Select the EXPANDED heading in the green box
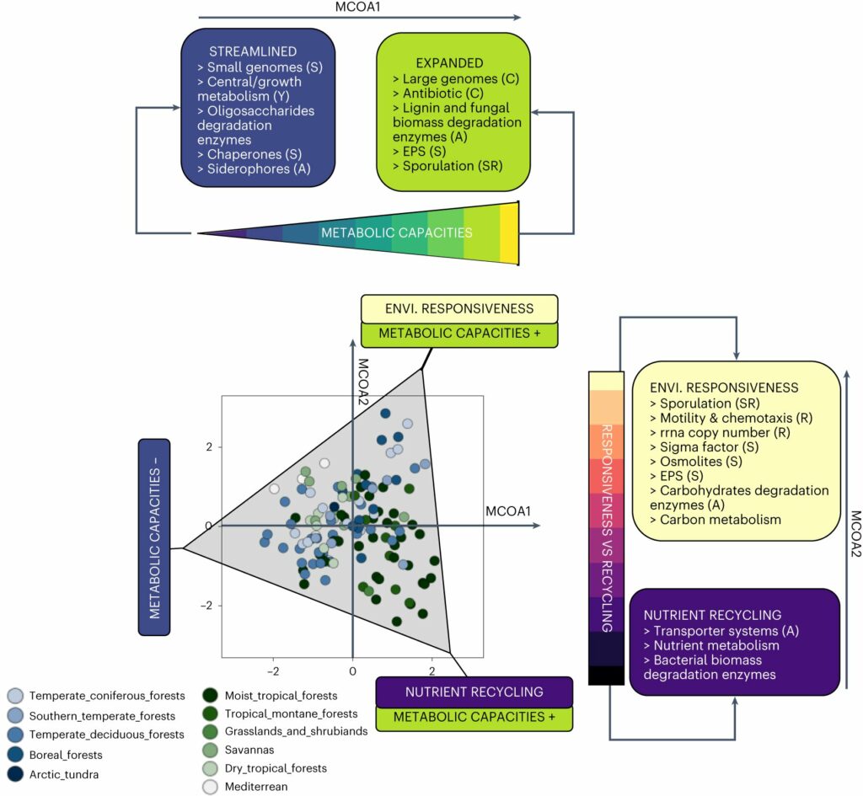[x=449, y=63]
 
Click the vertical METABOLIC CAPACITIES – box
[x=154, y=549]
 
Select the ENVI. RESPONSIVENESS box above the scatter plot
[x=459, y=308]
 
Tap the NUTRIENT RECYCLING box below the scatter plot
[x=473, y=692]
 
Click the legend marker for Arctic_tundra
[x=16, y=774]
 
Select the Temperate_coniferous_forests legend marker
[x=16, y=697]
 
